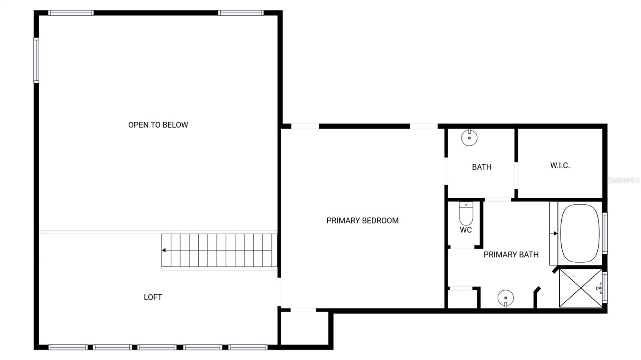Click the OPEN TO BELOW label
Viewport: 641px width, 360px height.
158,125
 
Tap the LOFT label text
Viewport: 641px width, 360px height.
153,297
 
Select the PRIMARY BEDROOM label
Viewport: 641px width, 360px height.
362,221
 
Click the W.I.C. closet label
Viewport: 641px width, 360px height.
560,165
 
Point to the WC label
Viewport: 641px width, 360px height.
466,230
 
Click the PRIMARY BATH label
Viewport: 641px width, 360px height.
511,255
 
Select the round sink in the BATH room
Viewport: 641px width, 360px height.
469,138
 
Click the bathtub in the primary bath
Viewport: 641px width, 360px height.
580,233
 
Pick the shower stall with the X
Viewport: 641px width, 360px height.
580,288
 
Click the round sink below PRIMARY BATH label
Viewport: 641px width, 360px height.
506,298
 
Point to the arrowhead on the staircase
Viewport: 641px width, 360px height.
164,250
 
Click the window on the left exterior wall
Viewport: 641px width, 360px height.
36,60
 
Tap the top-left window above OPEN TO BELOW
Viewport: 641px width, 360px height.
71,13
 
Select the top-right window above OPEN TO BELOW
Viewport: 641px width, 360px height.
241,13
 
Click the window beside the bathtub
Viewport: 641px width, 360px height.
605,233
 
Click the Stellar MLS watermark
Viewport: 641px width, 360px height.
623,181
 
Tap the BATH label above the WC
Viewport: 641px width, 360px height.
482,167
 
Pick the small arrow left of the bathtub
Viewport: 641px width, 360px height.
555,233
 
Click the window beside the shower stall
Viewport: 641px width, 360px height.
605,288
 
